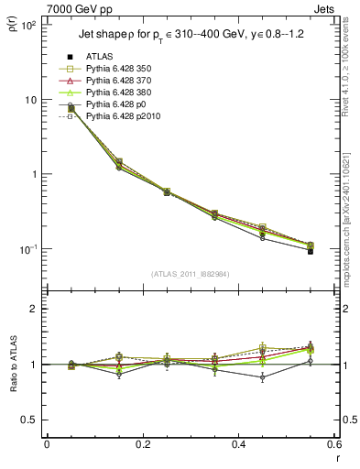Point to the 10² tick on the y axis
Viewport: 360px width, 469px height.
[30, 25]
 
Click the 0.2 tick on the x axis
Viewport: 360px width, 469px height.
[142, 444]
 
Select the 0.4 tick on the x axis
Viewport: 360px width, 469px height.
[238, 444]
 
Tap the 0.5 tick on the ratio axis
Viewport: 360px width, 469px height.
[31, 420]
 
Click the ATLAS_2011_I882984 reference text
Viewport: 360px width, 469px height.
[189, 274]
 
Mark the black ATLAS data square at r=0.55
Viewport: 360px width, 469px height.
[311, 250]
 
